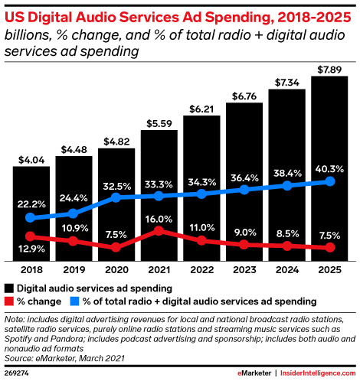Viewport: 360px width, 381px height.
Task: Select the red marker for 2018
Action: pyautogui.click(x=31, y=236)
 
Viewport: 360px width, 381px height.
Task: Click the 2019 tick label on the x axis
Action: pyautogui.click(x=74, y=269)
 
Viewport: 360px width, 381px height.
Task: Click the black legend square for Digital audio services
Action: pyautogui.click(x=8, y=288)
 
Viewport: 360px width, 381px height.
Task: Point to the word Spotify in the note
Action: pyautogui.click(x=21, y=337)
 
